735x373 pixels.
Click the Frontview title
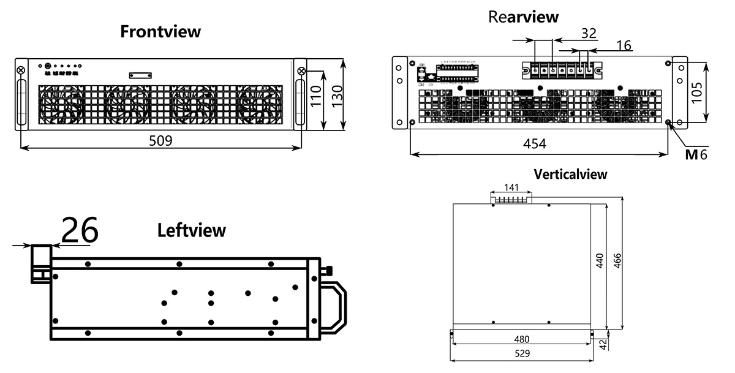(x=160, y=32)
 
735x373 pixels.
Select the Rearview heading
(x=523, y=17)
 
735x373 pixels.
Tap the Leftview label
(x=192, y=230)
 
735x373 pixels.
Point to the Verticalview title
(x=570, y=174)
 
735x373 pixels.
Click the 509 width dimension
(x=161, y=140)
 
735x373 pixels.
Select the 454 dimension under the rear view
(x=534, y=144)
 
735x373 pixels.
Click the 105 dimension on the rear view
(x=697, y=92)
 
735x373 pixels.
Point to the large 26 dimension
(x=80, y=231)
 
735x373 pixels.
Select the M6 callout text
(x=696, y=154)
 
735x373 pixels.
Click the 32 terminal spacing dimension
(x=589, y=34)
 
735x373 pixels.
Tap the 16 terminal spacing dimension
(x=624, y=45)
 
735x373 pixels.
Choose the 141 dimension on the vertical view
(x=511, y=187)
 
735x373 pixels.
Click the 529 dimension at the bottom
(x=522, y=353)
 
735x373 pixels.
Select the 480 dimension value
(x=522, y=339)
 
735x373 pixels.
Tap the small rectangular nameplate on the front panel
(x=140, y=75)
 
